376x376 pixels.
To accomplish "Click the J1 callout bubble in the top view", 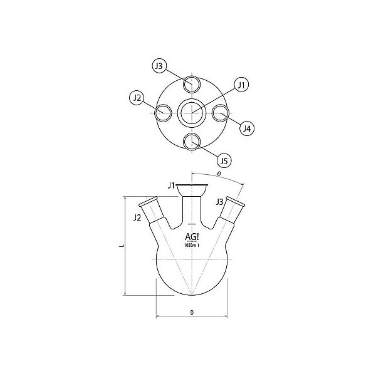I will (242, 84).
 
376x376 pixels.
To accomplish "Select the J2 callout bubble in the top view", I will (138, 97).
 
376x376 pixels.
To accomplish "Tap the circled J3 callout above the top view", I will (160, 66).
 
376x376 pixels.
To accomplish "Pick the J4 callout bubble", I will (247, 128).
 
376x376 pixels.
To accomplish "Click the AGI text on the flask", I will (192, 236).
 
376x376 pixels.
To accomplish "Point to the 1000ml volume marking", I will (191, 245).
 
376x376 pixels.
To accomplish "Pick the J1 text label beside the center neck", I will (170, 185).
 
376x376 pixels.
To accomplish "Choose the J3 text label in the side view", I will (219, 202).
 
